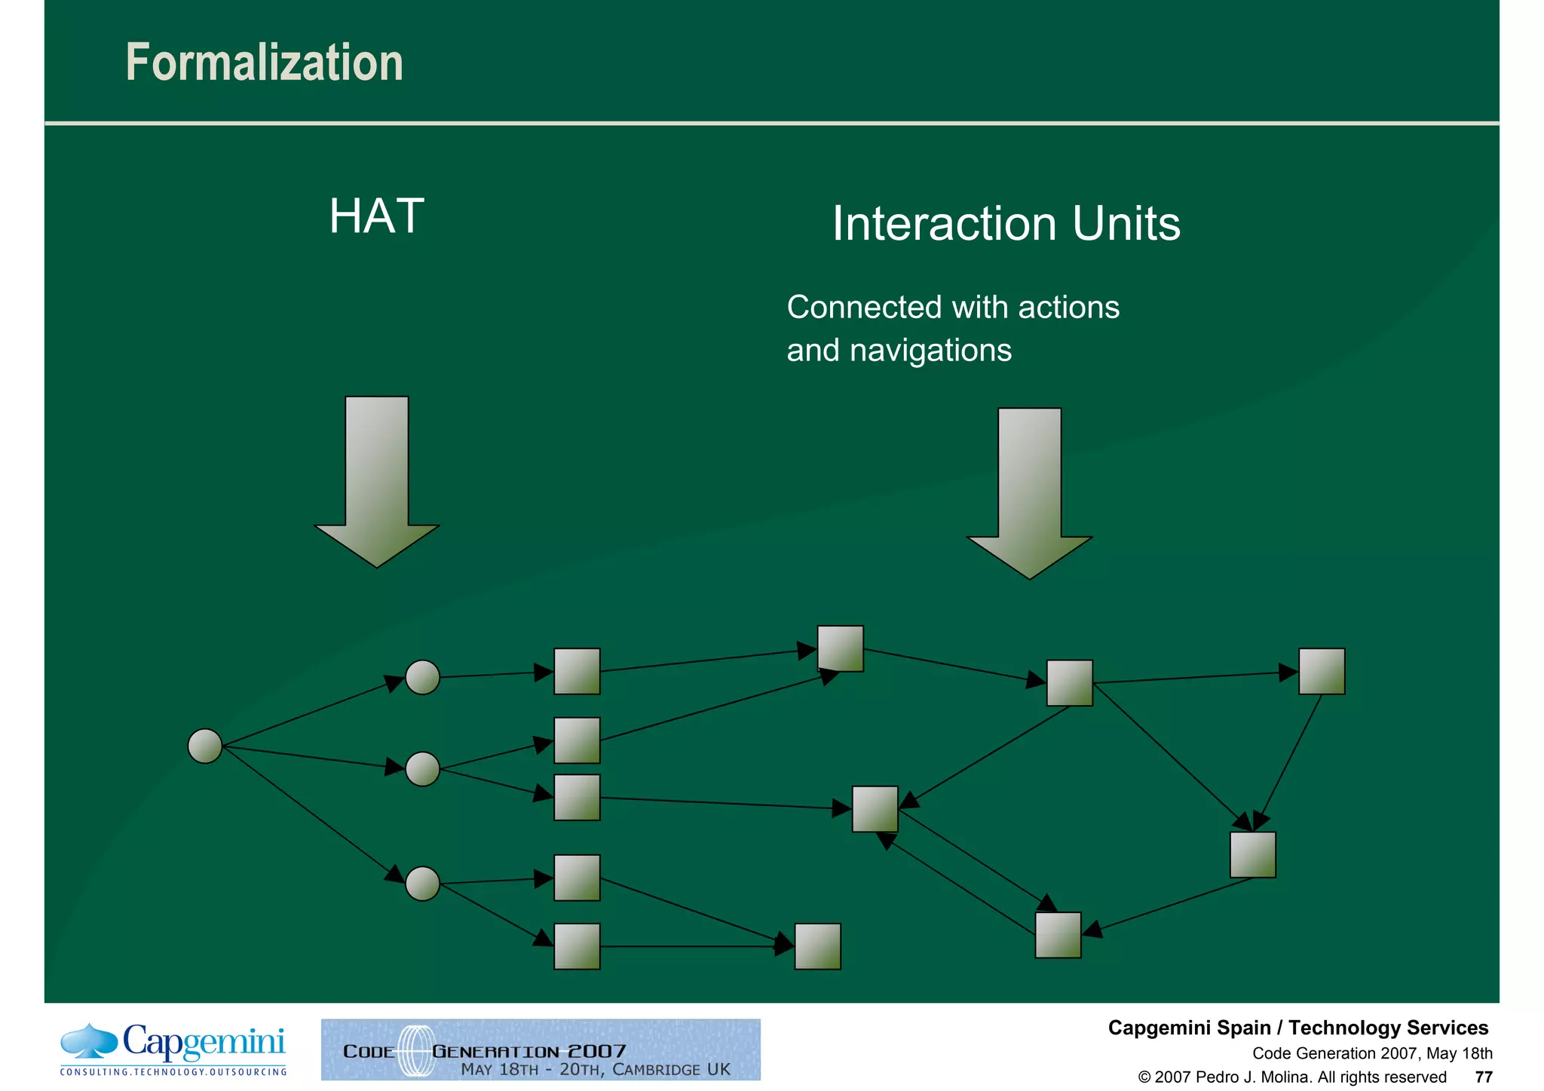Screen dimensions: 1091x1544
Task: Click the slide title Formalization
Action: coord(264,63)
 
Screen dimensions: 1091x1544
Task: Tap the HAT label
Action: coord(376,216)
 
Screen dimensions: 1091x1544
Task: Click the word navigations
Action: coord(930,351)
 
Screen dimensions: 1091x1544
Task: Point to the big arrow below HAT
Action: coord(376,483)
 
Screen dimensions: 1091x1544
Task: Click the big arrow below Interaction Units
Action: coord(1029,494)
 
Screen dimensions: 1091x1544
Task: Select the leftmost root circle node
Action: coord(204,746)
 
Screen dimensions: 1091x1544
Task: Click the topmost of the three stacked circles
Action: coord(422,677)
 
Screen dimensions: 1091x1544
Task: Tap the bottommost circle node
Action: coord(422,884)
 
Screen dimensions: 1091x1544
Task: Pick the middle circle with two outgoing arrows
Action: coord(422,769)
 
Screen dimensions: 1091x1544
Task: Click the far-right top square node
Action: coord(1321,671)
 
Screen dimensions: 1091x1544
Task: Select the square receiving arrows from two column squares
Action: coord(840,648)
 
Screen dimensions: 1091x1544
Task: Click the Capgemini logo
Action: coord(174,1049)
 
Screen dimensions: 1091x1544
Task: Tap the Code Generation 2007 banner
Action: coord(541,1050)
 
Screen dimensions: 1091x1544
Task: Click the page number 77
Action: coord(1483,1077)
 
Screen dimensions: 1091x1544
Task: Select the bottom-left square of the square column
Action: coord(577,946)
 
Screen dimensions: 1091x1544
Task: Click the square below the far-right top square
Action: coord(1252,854)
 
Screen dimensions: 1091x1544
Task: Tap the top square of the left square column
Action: coord(577,671)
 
